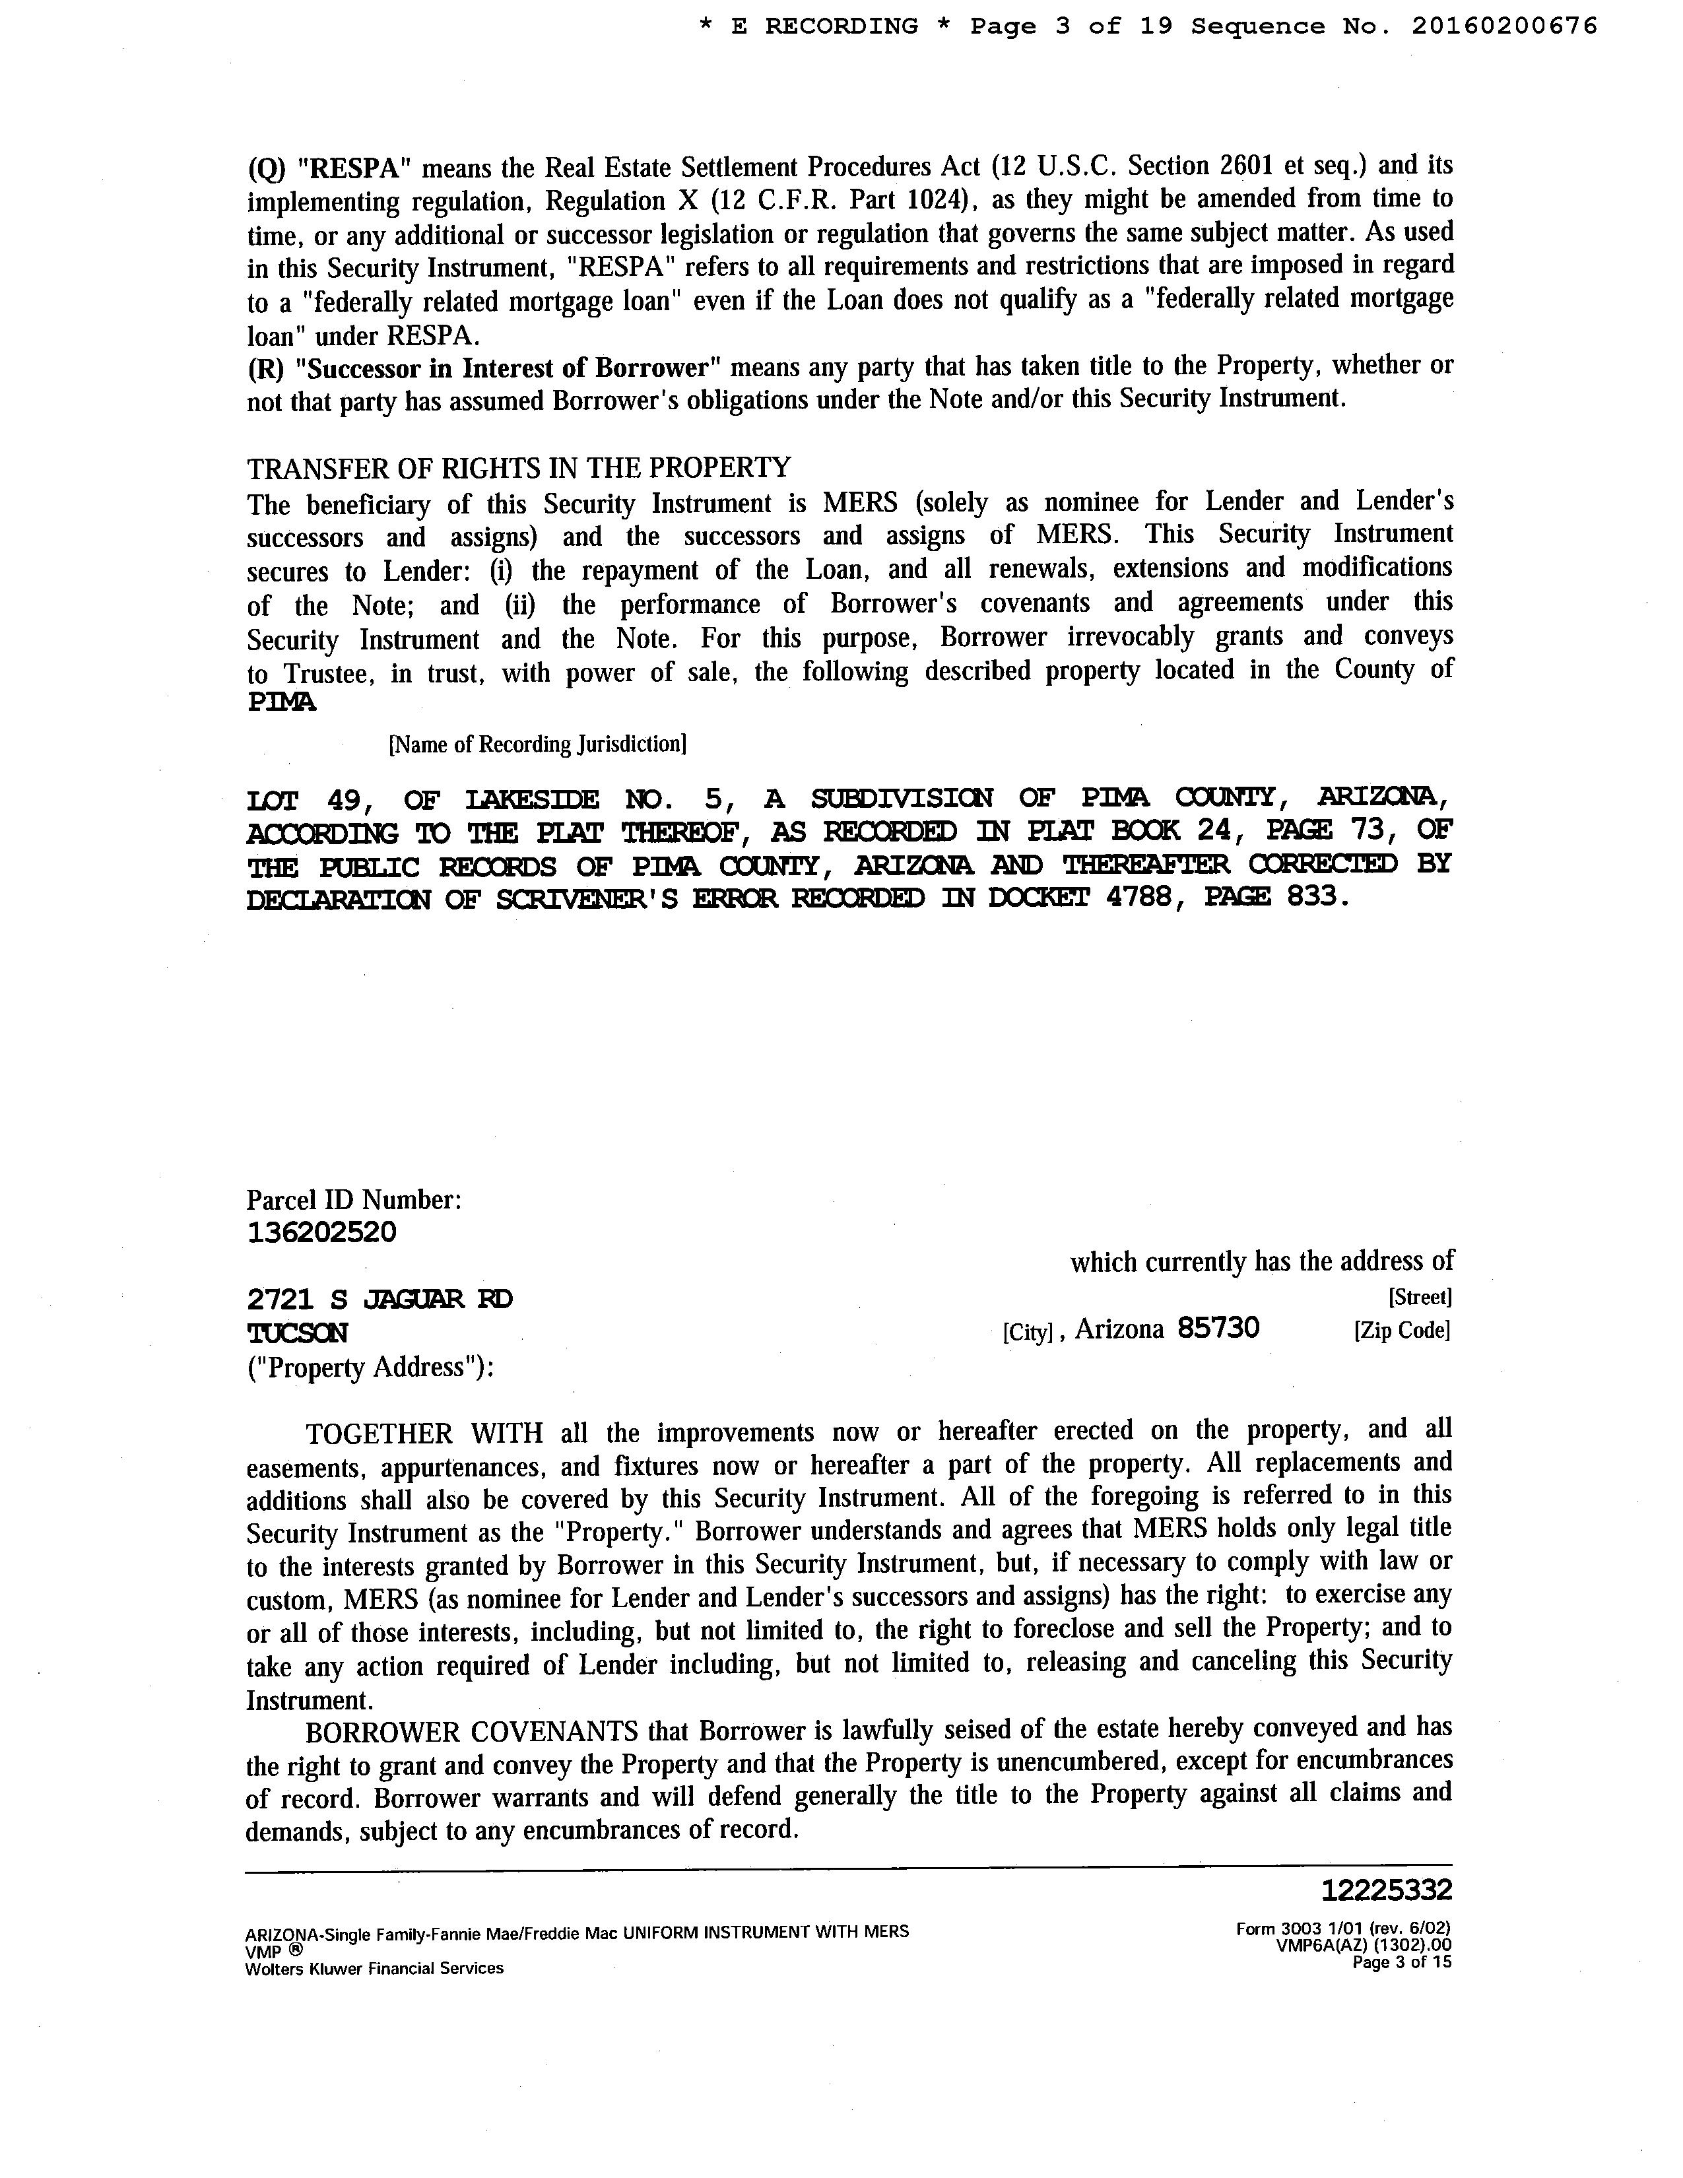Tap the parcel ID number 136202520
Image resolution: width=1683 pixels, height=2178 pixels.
(321, 1233)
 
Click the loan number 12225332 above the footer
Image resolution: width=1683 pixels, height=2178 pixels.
(1387, 1890)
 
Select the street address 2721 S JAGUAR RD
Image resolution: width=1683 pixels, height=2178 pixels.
(380, 1300)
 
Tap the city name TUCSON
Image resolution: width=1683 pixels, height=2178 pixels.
(297, 1333)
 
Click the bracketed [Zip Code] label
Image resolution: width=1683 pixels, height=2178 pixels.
(1401, 1331)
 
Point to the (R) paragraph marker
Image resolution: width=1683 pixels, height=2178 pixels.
(266, 369)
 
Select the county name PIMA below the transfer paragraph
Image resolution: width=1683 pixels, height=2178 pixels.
(281, 702)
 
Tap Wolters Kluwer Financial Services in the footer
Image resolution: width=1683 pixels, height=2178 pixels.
(374, 1969)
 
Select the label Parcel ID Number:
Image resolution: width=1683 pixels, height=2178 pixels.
(354, 1200)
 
